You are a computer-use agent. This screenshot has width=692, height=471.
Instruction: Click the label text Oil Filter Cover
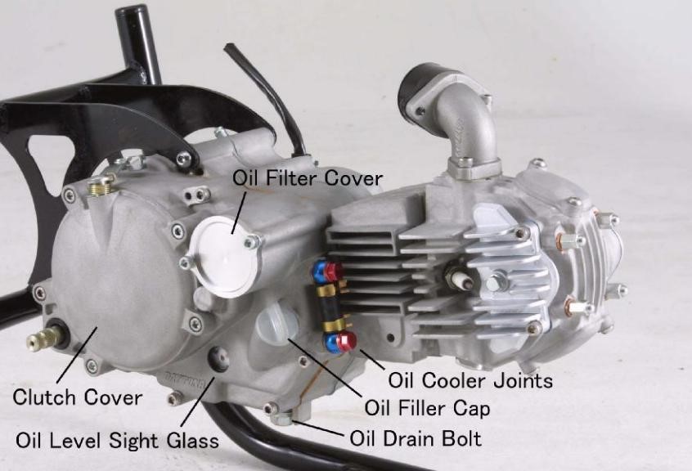[x=308, y=177]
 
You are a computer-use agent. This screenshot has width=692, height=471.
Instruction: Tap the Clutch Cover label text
[x=77, y=399]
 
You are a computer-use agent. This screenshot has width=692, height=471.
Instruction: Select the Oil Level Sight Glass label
[x=117, y=440]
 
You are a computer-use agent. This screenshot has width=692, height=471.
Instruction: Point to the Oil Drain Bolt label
[x=416, y=438]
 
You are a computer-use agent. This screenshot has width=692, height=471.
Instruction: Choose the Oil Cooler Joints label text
[x=470, y=380]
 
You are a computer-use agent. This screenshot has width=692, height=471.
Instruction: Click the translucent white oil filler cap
[x=276, y=324]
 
